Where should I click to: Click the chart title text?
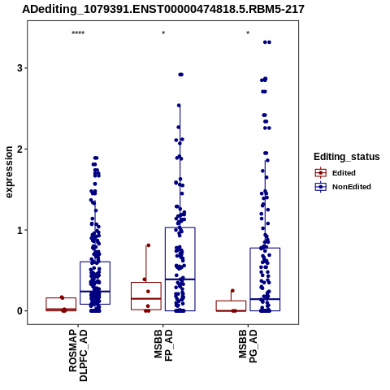[163, 10]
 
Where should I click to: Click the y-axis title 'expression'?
[9, 172]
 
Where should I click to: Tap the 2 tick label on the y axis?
[19, 149]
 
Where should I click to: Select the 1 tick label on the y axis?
[19, 230]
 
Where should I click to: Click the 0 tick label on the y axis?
[19, 311]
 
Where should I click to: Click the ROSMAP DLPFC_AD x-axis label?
[78, 355]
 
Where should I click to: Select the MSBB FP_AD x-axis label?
[163, 345]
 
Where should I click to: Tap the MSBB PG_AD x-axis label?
[248, 346]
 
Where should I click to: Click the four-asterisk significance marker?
[78, 33]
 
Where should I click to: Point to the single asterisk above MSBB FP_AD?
[163, 33]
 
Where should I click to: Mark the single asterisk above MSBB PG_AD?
[248, 33]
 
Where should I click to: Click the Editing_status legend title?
[347, 157]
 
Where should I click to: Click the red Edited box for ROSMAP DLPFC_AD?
[61, 298]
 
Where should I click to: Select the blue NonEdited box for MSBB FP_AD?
[180, 227]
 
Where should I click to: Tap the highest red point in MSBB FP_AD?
[148, 245]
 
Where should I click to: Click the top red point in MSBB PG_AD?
[232, 291]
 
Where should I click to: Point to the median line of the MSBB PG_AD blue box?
[265, 299]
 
